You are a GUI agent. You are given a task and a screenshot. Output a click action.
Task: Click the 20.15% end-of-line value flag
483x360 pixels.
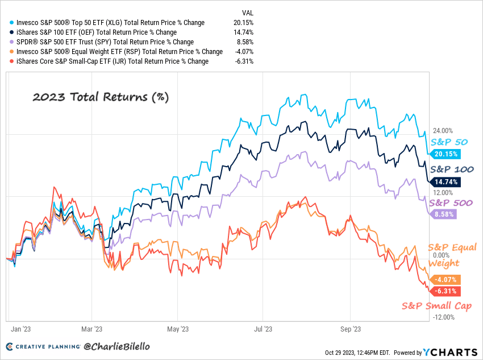[x=445, y=154]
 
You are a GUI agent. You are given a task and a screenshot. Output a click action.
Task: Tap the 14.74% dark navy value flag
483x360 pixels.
[x=445, y=182]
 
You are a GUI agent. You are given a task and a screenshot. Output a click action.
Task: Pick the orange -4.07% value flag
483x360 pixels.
[x=445, y=280]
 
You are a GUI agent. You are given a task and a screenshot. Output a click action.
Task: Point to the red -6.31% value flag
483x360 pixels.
[x=445, y=291]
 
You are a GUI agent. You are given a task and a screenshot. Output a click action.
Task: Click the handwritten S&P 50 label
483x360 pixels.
[x=449, y=142]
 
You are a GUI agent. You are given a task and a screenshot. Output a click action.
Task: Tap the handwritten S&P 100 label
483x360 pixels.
[x=452, y=169]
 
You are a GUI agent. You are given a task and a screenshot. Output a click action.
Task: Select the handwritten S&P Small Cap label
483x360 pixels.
[x=436, y=306]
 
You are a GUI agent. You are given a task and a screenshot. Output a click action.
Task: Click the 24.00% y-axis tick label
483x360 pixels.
[x=443, y=131]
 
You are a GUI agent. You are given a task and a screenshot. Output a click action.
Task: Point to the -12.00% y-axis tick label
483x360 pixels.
[x=444, y=317]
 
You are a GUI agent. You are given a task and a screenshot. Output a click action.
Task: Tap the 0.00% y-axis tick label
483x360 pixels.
[x=441, y=255]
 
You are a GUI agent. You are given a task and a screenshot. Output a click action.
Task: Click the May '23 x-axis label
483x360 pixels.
[x=178, y=329]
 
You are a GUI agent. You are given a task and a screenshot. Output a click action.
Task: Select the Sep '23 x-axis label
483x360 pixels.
[x=351, y=329]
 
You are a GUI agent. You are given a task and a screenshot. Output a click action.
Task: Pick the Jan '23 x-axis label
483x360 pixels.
[x=20, y=329]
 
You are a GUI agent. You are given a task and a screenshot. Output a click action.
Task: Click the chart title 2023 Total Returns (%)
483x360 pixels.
[x=101, y=97]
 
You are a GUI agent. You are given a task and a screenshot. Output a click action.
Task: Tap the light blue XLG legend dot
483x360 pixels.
[x=12, y=23]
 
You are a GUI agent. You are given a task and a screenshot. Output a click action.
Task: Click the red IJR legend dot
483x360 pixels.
[x=12, y=61]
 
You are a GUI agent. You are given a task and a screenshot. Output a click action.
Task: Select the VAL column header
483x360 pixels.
[x=248, y=13]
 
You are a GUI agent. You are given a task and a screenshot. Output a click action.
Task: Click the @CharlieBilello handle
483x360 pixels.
[x=116, y=346]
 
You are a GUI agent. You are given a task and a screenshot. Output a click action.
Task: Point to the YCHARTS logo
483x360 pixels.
[x=450, y=352]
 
